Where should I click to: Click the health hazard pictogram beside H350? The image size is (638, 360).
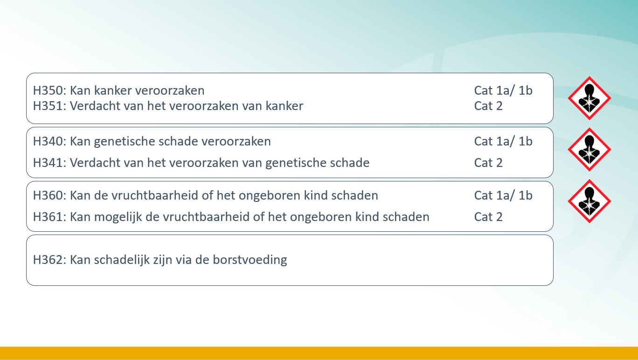tap(589, 98)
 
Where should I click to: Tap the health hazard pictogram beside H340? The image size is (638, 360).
tap(589, 150)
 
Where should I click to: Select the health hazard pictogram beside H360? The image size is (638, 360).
tap(589, 201)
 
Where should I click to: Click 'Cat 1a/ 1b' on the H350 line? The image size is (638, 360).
tap(503, 90)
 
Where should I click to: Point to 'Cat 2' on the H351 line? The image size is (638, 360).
tap(488, 106)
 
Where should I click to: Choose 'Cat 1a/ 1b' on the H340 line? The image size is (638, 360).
tap(503, 141)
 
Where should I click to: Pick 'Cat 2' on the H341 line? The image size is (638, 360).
tap(488, 163)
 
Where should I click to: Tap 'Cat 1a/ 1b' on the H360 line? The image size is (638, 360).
tap(503, 195)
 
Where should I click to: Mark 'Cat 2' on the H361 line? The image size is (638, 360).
tap(488, 217)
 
